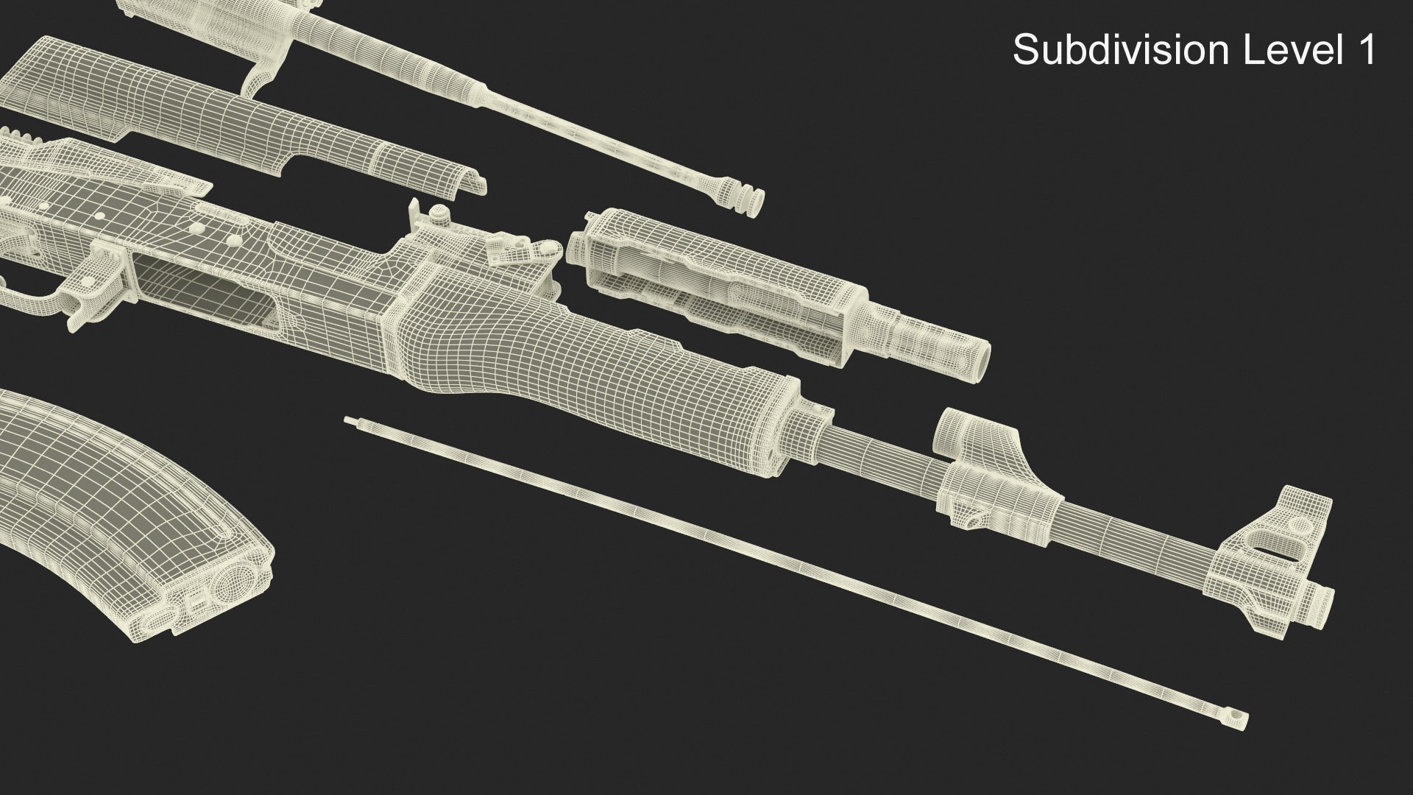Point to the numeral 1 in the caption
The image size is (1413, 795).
point(1366,51)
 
